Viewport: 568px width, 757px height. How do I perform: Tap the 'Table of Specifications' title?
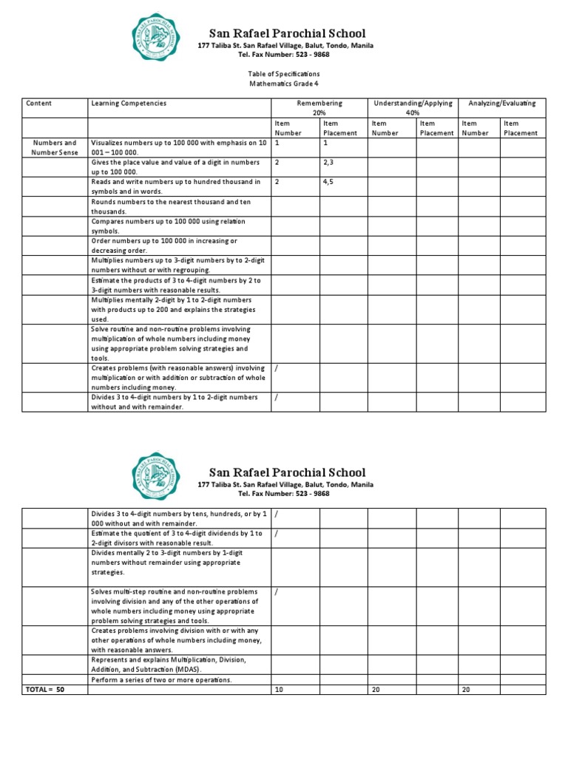[284, 74]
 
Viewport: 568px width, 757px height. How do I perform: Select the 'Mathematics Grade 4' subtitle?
[284, 85]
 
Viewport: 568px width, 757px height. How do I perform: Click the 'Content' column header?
[38, 103]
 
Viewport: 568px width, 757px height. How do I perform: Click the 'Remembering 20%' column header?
[319, 108]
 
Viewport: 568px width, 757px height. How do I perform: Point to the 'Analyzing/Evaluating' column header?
[501, 103]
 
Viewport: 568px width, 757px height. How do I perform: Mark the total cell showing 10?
[279, 689]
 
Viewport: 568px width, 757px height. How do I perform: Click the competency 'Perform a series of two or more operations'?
[161, 679]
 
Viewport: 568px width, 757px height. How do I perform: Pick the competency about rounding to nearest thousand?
[171, 206]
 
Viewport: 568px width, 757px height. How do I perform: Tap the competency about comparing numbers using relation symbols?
[168, 225]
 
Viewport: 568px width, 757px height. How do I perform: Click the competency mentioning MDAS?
[169, 664]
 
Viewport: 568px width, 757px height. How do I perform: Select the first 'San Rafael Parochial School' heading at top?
[287, 33]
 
